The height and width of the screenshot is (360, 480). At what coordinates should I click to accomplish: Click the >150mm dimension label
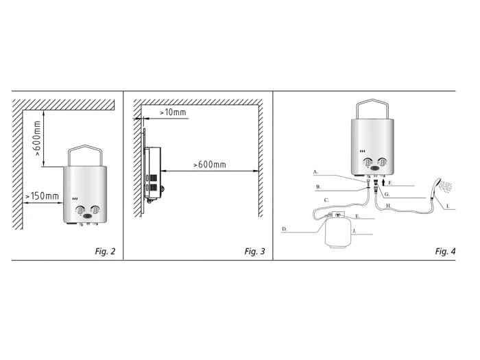(x=43, y=197)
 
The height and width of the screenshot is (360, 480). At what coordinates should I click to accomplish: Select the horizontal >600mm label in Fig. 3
(x=209, y=165)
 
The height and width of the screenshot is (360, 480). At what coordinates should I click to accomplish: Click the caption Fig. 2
(x=105, y=251)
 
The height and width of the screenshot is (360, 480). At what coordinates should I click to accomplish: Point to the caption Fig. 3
(x=254, y=251)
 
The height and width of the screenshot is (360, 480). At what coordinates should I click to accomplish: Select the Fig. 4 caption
(x=445, y=251)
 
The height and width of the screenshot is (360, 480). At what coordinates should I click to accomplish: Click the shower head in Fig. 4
(x=435, y=183)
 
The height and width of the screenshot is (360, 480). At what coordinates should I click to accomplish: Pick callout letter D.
(x=284, y=228)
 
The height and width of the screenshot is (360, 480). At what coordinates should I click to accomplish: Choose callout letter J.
(x=354, y=231)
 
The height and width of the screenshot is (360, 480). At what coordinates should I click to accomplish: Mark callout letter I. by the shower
(x=447, y=206)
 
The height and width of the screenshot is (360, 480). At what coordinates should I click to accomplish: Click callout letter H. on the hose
(x=388, y=206)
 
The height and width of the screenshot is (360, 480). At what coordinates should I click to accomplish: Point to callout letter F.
(x=389, y=183)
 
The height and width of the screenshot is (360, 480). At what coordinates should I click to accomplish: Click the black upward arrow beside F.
(x=383, y=182)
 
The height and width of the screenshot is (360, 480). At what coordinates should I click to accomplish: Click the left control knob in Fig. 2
(x=80, y=211)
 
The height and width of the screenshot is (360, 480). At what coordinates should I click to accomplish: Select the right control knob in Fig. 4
(x=383, y=163)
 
